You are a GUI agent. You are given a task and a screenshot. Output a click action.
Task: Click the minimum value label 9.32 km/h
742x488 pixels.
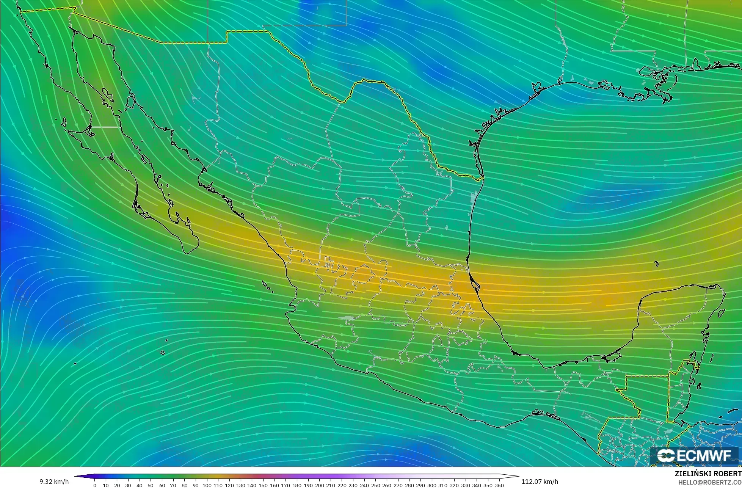54,482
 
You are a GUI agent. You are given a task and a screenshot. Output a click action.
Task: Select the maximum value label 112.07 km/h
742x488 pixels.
540,482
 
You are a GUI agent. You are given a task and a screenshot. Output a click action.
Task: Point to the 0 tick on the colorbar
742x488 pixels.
94,485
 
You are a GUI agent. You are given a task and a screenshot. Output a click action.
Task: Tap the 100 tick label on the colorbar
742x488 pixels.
207,485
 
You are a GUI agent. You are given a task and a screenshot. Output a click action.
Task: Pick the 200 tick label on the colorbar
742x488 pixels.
319,485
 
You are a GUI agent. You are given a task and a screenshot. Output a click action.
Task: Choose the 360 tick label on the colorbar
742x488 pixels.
499,485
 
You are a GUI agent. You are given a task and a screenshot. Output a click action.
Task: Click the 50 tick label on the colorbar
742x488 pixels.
151,485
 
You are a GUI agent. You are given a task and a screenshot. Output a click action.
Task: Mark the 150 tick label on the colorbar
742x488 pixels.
263,485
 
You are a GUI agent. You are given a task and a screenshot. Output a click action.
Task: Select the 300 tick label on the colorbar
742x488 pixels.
431,485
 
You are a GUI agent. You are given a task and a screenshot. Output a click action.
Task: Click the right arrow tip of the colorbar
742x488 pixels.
518,476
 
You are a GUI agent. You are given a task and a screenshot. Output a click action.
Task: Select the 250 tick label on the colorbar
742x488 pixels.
375,485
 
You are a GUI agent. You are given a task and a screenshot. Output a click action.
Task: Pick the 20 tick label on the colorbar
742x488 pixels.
117,485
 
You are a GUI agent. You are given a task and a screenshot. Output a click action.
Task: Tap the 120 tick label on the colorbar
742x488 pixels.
229,485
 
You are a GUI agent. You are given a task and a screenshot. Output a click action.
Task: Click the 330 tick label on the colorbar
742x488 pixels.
465,485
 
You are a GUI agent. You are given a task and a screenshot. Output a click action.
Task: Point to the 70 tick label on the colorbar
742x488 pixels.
173,485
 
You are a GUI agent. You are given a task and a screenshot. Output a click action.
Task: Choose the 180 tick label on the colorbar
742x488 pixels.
296,485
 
